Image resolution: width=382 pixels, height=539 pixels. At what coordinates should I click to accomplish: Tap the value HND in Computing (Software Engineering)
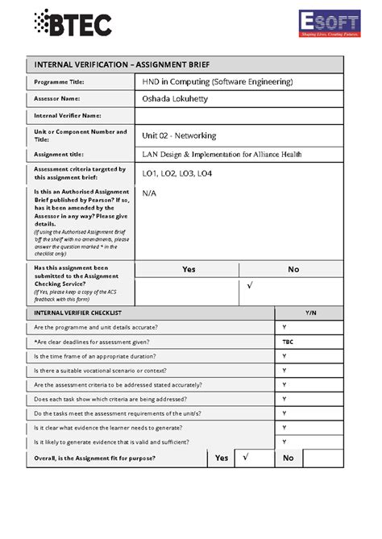pyautogui.click(x=218, y=82)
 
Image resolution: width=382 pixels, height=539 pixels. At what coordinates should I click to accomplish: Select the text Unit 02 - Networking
pyautogui.click(x=179, y=135)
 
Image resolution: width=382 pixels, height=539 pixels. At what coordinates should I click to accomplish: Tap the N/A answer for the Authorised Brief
pyautogui.click(x=149, y=193)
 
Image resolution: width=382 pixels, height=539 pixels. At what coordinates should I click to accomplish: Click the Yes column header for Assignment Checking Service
pyautogui.click(x=189, y=269)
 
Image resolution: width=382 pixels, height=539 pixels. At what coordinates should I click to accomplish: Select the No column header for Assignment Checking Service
pyautogui.click(x=293, y=269)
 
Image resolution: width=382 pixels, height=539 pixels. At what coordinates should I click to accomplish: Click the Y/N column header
pyautogui.click(x=310, y=312)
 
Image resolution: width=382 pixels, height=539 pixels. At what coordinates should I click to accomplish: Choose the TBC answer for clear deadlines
pyautogui.click(x=288, y=342)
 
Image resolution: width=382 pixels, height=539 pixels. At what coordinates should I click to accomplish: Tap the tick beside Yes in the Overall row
pyautogui.click(x=246, y=457)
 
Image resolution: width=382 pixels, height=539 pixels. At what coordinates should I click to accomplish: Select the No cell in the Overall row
pyautogui.click(x=288, y=458)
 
